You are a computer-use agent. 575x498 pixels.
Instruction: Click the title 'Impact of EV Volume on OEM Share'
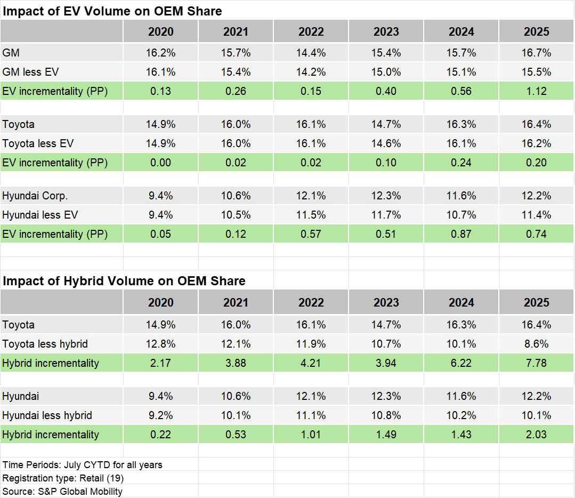point(112,11)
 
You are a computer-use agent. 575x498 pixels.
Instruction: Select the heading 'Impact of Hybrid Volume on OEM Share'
point(124,281)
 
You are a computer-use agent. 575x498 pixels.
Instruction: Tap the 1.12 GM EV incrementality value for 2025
point(536,91)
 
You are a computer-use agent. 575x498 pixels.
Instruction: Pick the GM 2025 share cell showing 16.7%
point(536,53)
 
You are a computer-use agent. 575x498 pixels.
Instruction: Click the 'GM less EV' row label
point(31,72)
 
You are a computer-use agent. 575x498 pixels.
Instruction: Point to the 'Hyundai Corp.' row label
point(35,196)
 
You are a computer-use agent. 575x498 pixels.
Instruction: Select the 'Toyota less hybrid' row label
point(45,344)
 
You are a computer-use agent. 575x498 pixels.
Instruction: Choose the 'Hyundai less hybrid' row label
point(47,415)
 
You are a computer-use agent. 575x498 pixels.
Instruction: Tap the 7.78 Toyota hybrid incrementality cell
point(536,363)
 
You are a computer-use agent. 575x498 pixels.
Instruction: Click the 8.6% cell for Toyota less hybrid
point(536,344)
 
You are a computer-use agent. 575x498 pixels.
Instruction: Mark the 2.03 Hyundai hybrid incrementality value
point(536,435)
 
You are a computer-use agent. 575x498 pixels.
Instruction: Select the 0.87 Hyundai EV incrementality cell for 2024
point(461,234)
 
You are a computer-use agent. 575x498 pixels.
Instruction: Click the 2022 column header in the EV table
point(311,32)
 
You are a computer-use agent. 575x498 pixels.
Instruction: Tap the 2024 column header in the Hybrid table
point(461,303)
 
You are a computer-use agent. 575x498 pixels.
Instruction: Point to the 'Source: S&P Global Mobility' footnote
point(62,491)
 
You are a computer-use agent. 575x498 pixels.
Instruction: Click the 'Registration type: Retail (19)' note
point(63,478)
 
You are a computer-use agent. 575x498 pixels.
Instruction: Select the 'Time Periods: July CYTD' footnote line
point(82,464)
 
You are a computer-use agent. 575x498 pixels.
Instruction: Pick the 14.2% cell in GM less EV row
point(311,72)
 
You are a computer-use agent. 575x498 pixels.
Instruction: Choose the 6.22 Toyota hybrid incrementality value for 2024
point(461,363)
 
